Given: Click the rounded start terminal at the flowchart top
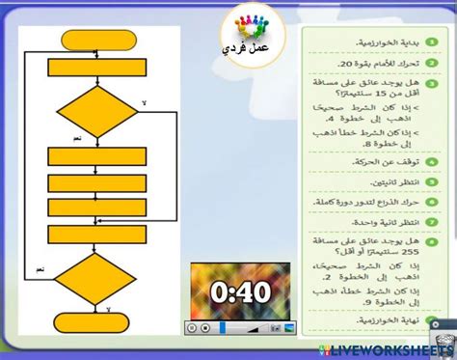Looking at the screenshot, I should coord(96,40).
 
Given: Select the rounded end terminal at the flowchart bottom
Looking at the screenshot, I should coord(96,321).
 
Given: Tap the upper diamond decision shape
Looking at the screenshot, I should coord(96,112).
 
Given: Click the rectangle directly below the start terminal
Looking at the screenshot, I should coord(96,67).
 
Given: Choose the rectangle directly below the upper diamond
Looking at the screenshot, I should coord(96,155).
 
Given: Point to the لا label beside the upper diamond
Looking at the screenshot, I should coord(145,102).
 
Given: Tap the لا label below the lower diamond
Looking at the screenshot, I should coord(108,309).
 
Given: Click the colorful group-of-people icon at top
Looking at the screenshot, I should coord(254,23).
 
